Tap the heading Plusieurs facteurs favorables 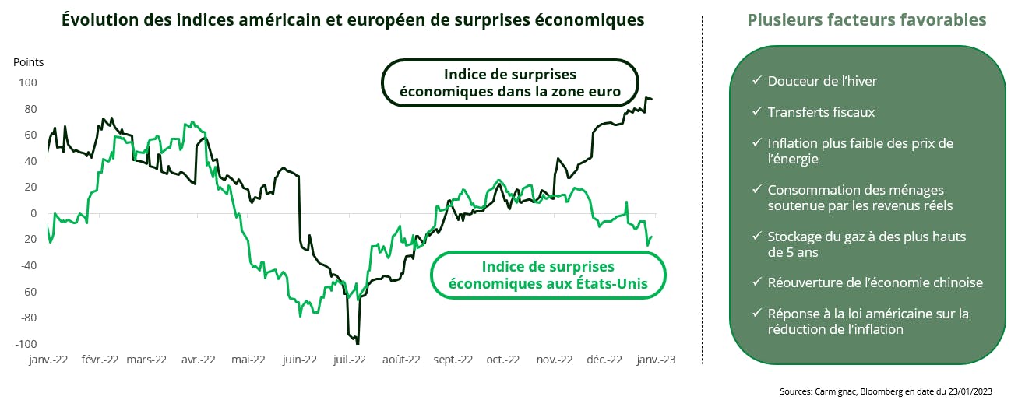(x=867, y=20)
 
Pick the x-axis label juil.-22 (x=349, y=360)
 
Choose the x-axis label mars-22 (x=146, y=360)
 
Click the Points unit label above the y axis (x=29, y=62)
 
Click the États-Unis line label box (x=548, y=275)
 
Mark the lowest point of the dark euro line (x=357, y=342)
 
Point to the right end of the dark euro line (x=652, y=99)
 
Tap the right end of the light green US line (x=651, y=237)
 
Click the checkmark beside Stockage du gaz (x=757, y=236)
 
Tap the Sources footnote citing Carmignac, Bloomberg (x=886, y=391)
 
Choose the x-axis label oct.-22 (x=502, y=360)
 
